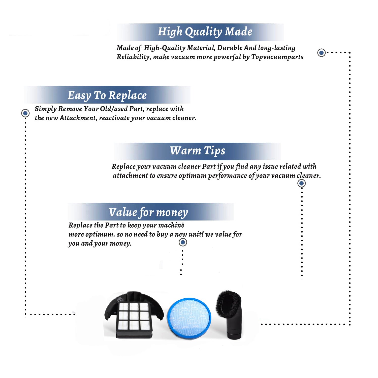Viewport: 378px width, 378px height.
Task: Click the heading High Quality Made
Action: [x=205, y=32]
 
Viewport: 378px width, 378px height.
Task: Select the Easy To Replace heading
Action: [x=107, y=96]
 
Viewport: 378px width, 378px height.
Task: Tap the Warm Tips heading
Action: [x=198, y=151]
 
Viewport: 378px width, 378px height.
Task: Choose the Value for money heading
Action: [x=148, y=212]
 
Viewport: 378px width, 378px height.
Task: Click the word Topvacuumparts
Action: [x=277, y=57]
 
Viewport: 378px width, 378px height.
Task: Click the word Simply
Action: [x=46, y=109]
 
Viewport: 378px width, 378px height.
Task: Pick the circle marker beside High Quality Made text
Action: [x=321, y=53]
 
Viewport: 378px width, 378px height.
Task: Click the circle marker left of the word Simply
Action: [x=25, y=113]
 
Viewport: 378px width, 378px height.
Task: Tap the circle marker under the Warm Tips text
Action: [x=302, y=183]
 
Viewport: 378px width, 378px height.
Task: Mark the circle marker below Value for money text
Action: [x=183, y=242]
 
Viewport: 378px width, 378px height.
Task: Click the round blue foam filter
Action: [x=189, y=318]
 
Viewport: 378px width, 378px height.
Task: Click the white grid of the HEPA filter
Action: [x=134, y=316]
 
